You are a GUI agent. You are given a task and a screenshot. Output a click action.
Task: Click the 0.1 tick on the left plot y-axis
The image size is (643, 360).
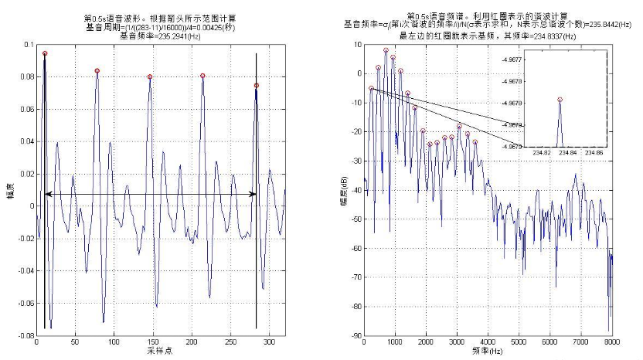tap(29, 45)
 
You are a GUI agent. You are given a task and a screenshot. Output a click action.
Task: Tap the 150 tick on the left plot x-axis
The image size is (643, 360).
tap(114, 340)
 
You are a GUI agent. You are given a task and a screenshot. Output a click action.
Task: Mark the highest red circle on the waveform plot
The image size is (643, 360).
tap(45, 54)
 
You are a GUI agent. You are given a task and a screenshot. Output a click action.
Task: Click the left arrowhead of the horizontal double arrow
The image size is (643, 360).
tap(46, 194)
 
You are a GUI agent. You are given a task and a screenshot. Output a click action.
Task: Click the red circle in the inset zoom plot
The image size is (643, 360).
tap(560, 100)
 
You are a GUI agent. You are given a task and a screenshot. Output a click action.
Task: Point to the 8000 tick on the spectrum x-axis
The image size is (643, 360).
tap(611, 341)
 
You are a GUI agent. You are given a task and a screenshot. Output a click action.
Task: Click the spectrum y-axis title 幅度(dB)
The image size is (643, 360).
tap(342, 185)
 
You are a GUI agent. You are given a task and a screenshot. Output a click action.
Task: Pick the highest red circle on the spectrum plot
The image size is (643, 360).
tap(386, 50)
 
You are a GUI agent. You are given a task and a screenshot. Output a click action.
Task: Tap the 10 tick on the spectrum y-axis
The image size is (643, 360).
tap(358, 45)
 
